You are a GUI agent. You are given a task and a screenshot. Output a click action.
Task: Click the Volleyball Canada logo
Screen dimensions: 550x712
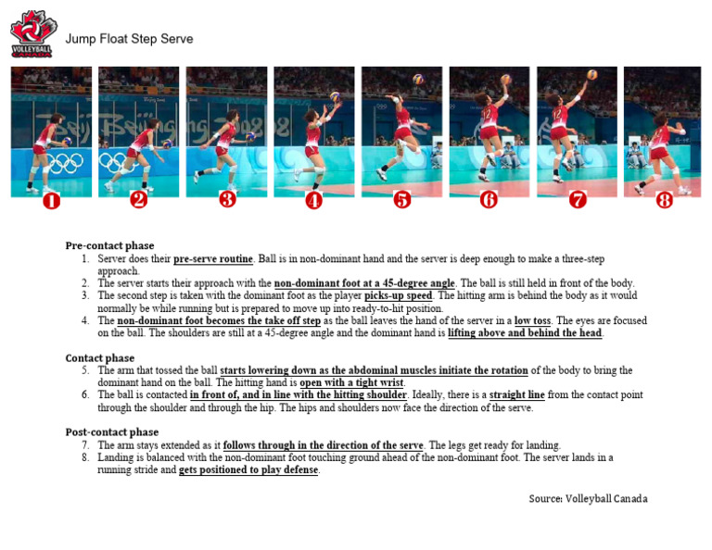[32, 33]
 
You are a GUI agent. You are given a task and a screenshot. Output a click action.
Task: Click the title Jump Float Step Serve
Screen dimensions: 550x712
[129, 39]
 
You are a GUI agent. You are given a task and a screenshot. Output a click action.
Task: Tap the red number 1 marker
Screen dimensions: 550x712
[51, 199]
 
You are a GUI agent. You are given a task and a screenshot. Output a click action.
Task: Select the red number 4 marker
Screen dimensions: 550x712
[314, 199]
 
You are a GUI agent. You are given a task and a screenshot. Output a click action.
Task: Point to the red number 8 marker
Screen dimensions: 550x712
[664, 199]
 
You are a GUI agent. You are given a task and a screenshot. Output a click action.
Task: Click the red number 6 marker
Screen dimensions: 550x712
[489, 199]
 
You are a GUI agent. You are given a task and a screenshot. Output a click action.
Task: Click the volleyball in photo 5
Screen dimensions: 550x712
[418, 80]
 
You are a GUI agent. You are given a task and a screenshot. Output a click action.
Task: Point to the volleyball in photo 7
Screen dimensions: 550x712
[591, 75]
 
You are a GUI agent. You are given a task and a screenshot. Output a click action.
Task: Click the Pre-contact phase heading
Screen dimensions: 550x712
[109, 245]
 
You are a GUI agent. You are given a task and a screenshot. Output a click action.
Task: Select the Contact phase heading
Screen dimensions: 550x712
[99, 357]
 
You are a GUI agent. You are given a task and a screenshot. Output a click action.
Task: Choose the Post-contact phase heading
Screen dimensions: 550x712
[111, 431]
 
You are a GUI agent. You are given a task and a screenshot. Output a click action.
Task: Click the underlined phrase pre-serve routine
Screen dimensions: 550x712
[212, 259]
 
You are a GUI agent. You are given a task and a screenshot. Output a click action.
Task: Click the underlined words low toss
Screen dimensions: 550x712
[532, 320]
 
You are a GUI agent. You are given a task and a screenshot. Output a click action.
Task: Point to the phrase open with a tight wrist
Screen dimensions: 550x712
[352, 382]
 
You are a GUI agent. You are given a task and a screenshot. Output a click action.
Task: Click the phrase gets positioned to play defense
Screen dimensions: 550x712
[248, 469]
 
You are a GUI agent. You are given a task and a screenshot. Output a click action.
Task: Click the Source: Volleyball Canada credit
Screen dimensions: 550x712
[588, 498]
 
